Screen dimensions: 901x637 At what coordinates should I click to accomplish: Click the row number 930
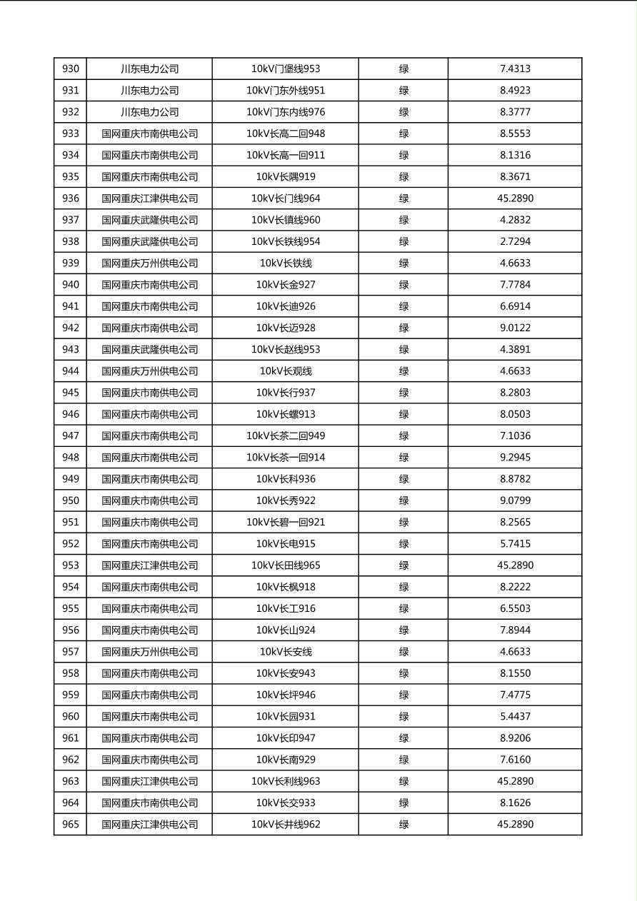point(71,69)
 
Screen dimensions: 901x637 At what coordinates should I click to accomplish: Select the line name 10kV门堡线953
point(286,69)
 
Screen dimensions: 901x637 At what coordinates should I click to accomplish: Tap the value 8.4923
point(515,91)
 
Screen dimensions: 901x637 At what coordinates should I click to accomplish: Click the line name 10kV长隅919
point(286,177)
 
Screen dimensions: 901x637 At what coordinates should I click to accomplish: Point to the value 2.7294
point(515,241)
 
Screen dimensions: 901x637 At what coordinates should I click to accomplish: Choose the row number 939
point(71,263)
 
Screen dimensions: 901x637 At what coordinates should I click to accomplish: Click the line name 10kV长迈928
point(286,328)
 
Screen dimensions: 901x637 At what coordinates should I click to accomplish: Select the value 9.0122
point(515,328)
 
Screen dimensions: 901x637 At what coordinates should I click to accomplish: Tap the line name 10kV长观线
point(286,371)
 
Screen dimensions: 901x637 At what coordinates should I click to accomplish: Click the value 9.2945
point(515,458)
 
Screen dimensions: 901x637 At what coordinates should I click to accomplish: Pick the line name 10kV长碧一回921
point(286,522)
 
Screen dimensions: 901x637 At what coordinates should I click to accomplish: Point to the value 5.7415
point(515,543)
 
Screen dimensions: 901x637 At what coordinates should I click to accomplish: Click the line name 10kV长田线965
point(286,565)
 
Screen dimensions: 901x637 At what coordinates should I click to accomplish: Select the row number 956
point(71,630)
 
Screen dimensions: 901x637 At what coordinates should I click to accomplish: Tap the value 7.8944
point(515,630)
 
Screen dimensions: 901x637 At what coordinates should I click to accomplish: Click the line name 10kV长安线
point(286,652)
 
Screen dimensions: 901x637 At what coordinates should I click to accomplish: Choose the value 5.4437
point(515,717)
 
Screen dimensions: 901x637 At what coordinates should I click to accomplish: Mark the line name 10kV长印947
point(286,738)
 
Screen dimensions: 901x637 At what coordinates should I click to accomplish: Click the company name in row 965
point(149,825)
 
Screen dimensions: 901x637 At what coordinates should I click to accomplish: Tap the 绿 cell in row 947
point(403,436)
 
